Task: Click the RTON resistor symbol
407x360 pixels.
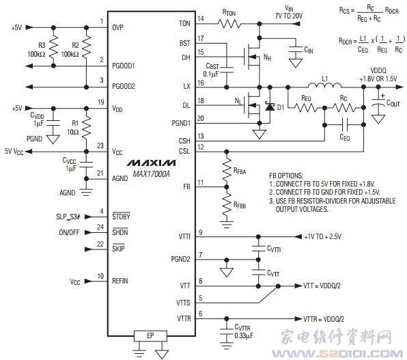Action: [x=229, y=24]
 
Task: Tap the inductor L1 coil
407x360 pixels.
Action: [x=325, y=85]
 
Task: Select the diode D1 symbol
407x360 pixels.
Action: [x=270, y=107]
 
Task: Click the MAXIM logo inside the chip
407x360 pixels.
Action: [x=151, y=163]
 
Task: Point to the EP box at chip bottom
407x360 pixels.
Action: [x=150, y=336]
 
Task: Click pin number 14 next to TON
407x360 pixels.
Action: [x=201, y=18]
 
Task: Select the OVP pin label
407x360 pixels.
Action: [x=117, y=27]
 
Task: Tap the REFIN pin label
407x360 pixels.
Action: [x=120, y=281]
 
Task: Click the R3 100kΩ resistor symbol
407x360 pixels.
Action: [x=53, y=46]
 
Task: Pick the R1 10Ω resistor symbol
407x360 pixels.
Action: [x=87, y=126]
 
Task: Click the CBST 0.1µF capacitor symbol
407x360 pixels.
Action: [x=227, y=70]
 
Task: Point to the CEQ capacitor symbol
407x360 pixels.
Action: [x=345, y=125]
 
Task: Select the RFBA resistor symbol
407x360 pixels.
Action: [x=227, y=169]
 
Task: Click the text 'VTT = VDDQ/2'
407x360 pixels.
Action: [x=322, y=286]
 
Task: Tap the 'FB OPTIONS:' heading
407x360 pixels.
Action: [x=286, y=176]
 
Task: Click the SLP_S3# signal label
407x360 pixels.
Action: [x=68, y=217]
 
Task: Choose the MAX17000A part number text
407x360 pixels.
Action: [x=151, y=174]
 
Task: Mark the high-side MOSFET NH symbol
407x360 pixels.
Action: [x=252, y=57]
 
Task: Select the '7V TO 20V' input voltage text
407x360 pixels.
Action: [x=289, y=16]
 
